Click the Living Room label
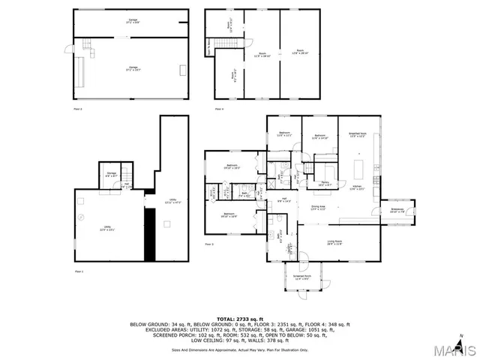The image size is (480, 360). click(334, 242)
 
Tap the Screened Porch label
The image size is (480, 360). click(303, 278)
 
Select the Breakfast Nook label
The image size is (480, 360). click(358, 136)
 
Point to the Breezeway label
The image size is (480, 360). click(397, 211)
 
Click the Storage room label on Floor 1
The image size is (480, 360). click(112, 173)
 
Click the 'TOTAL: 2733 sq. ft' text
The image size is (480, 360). click(239, 319)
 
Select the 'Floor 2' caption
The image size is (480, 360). click(77, 109)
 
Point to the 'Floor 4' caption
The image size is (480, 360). click(219, 109)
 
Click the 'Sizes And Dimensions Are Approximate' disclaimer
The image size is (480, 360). click(239, 349)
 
